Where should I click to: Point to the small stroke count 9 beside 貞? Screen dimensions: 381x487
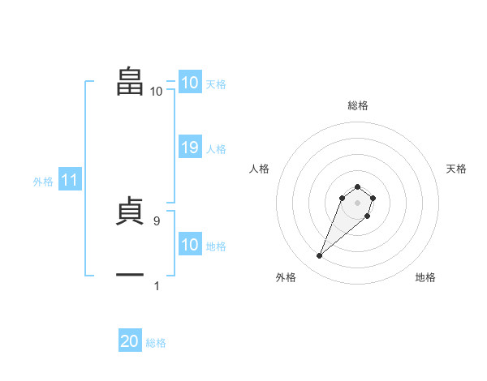click(157, 220)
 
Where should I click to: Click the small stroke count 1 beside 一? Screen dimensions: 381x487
click(157, 285)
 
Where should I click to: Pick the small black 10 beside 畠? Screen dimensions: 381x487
click(156, 91)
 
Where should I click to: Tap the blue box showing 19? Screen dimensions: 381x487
click(190, 148)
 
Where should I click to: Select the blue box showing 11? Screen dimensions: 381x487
click(69, 181)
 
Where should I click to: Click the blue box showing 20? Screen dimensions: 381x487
click(130, 341)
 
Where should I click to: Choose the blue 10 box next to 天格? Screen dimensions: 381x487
click(190, 83)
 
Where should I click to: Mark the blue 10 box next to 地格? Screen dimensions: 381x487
click(190, 245)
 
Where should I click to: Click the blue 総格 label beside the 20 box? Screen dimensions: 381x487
click(156, 343)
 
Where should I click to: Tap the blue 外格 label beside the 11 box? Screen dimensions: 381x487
click(43, 182)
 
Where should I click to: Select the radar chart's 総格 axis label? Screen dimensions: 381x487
click(357, 105)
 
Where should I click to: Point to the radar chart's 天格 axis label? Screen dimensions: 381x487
click(456, 169)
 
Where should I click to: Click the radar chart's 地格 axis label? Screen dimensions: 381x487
click(425, 277)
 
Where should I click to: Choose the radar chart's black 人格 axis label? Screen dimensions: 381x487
click(260, 169)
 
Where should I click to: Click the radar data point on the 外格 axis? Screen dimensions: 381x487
click(320, 256)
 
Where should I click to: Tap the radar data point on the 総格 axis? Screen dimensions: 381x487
click(357, 187)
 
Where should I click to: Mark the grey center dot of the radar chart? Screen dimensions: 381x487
click(357, 203)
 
